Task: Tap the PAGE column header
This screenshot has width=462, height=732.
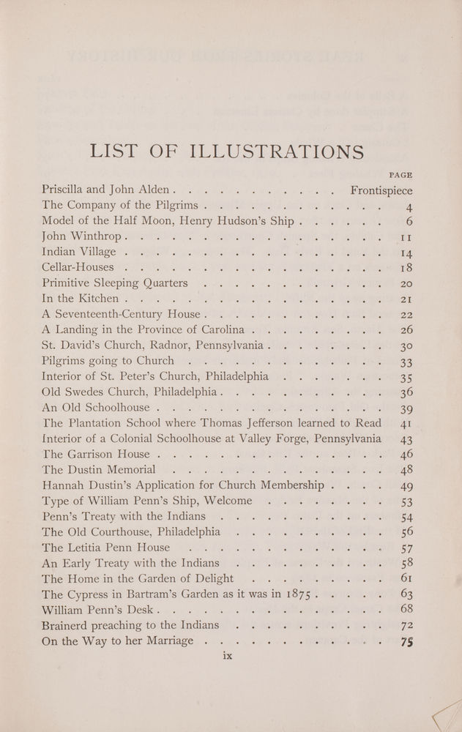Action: point(400,175)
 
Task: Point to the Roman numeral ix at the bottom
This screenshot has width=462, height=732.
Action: point(226,657)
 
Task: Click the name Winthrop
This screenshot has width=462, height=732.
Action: point(94,237)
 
